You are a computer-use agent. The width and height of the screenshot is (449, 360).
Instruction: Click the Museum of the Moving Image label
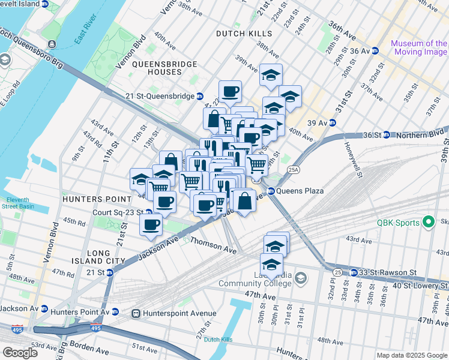(x=419, y=47)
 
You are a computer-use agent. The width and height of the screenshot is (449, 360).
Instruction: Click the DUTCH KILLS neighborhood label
(x=244, y=34)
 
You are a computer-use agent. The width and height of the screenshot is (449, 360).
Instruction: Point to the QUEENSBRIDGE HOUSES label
(x=157, y=68)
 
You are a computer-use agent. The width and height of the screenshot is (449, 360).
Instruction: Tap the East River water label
(x=86, y=37)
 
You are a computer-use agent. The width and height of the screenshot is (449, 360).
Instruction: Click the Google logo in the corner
(x=20, y=353)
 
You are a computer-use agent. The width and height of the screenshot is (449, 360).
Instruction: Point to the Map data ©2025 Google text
(x=412, y=355)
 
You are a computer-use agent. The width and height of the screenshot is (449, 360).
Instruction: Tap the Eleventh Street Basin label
(x=19, y=203)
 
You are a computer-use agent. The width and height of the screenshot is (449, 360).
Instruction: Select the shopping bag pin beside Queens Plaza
(x=244, y=201)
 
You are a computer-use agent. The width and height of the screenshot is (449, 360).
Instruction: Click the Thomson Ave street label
(x=213, y=244)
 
